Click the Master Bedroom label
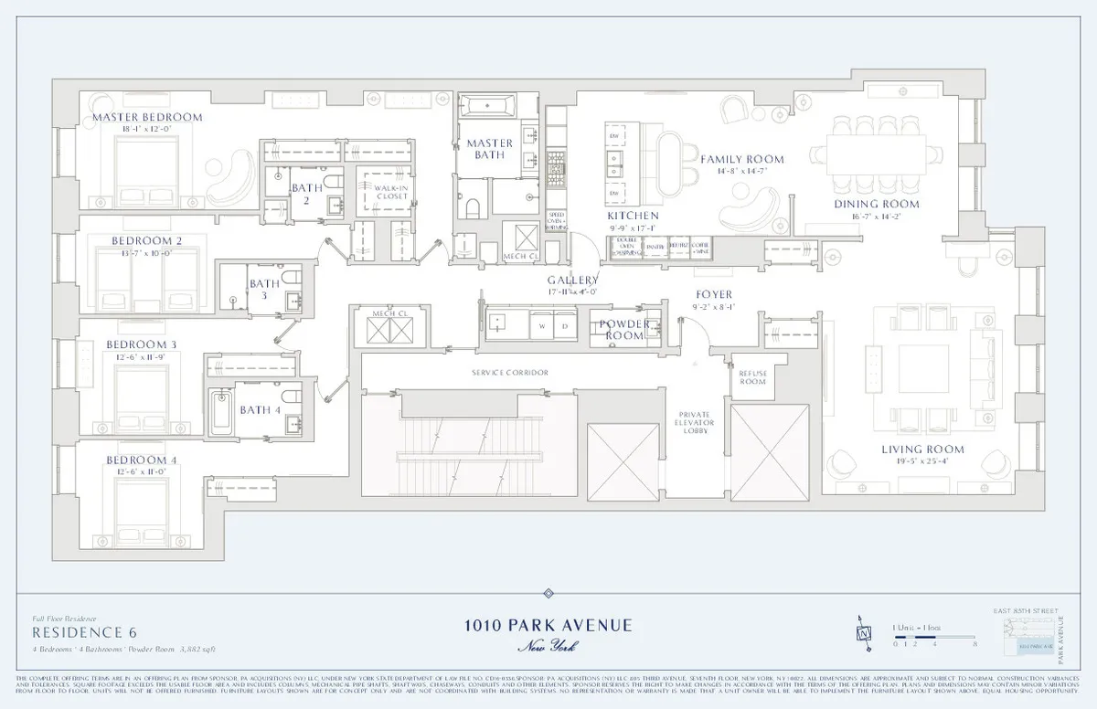click(x=147, y=118)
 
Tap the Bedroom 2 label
click(x=147, y=240)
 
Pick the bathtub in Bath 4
click(x=220, y=409)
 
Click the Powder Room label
click(x=625, y=330)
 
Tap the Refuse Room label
click(x=752, y=377)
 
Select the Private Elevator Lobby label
click(x=695, y=424)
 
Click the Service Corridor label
click(x=510, y=373)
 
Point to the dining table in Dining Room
click(x=876, y=151)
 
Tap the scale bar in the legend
click(x=931, y=637)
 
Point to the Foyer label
click(x=714, y=294)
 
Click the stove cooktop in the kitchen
click(x=556, y=166)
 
